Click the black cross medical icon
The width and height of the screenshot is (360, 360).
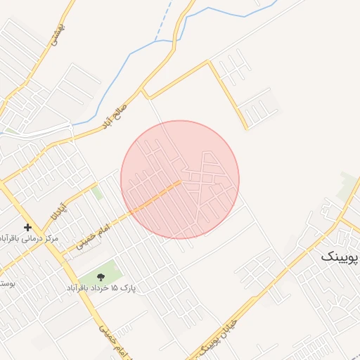click(x=27, y=227)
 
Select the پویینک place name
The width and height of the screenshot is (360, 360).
click(x=340, y=256)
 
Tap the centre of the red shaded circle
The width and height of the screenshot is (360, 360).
click(x=180, y=179)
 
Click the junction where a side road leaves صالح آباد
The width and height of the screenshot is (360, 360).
click(x=143, y=92)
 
